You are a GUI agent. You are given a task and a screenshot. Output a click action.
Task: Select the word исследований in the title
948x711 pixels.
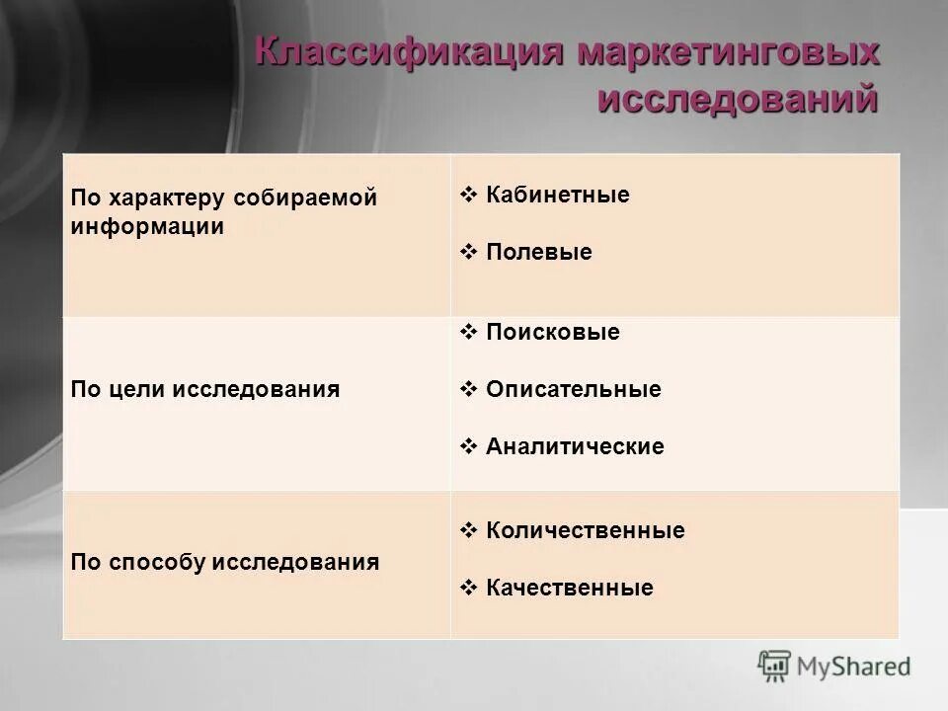coord(739,99)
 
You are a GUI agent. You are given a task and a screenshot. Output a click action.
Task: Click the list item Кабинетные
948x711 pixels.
coord(558,195)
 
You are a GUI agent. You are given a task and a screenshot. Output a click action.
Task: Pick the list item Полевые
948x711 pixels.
coord(539,252)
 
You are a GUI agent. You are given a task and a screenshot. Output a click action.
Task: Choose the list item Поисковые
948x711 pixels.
coord(553,332)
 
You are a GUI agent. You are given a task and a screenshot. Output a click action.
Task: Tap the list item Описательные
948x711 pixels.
coord(574,389)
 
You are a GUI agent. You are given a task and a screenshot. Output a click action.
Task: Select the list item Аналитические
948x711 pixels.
coord(575,446)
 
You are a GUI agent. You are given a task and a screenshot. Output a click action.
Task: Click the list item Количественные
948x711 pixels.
coord(586,530)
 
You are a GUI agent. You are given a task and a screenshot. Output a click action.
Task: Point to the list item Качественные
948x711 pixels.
coord(570,588)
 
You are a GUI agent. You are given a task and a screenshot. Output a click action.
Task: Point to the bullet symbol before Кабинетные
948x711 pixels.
coord(469,195)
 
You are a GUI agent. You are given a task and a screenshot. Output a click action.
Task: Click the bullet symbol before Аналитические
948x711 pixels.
coord(469,446)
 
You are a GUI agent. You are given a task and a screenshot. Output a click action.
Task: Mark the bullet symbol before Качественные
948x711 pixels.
coord(469,588)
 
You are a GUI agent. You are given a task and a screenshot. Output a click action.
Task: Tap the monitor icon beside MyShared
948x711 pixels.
coord(775,667)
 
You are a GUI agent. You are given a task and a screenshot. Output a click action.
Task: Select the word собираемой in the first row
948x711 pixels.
coord(305,197)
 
